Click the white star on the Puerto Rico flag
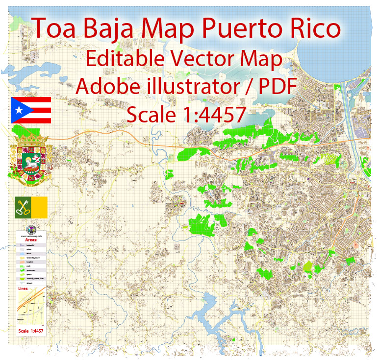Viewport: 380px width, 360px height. pos(19,110)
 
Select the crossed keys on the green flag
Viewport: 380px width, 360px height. pos(23,207)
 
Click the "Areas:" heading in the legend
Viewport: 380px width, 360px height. pos(30,240)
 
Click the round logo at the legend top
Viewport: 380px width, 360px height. pos(30,229)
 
